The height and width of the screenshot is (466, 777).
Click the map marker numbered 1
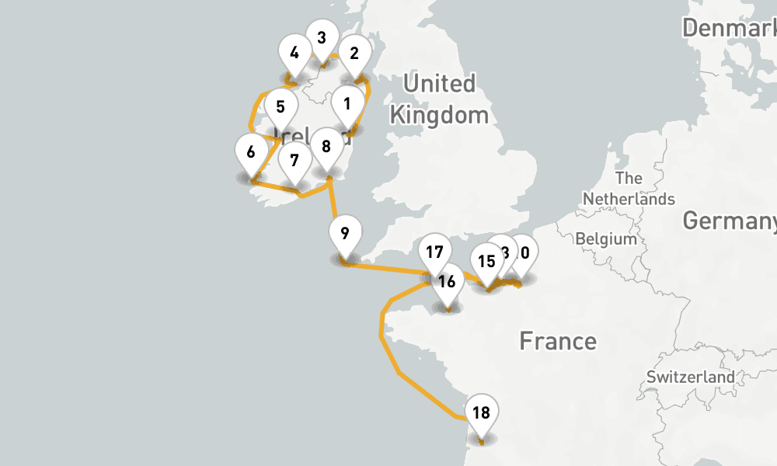click(347, 104)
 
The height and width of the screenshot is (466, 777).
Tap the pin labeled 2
click(354, 54)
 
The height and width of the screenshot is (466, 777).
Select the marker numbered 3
click(321, 38)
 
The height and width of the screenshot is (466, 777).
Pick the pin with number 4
click(294, 54)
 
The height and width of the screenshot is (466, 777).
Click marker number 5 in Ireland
click(280, 107)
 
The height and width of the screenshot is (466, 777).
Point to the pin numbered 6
click(251, 152)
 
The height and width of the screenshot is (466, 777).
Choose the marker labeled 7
click(294, 162)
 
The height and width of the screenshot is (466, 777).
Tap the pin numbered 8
click(326, 147)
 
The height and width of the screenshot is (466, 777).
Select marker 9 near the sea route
click(345, 233)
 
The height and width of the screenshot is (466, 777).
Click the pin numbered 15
click(486, 262)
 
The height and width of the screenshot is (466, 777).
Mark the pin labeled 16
click(447, 282)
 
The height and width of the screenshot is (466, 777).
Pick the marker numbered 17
click(434, 252)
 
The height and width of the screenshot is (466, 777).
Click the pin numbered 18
click(481, 413)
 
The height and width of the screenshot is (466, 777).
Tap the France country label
click(558, 340)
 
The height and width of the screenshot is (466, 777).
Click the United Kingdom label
click(440, 99)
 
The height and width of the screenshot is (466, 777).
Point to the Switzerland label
click(690, 377)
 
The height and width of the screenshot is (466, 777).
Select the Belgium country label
click(606, 238)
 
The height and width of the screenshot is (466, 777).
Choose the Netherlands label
click(629, 189)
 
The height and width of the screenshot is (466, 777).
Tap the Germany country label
click(729, 221)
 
